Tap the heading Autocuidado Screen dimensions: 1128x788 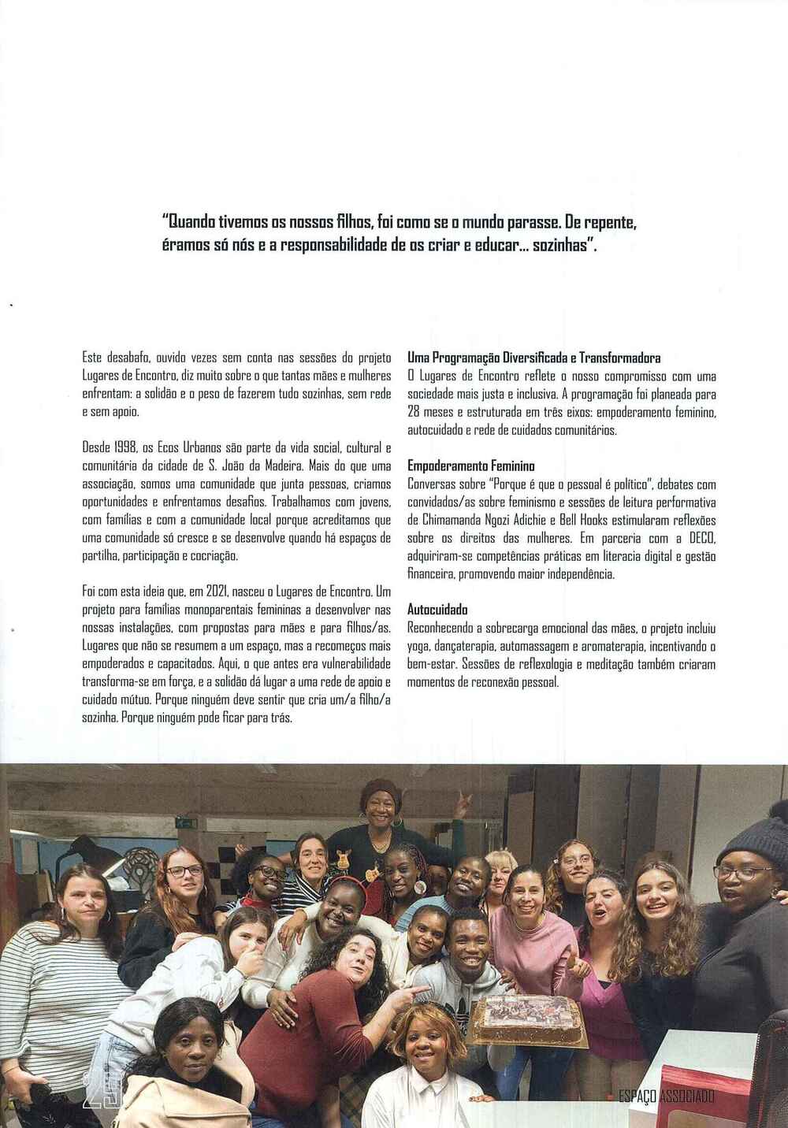tap(437, 610)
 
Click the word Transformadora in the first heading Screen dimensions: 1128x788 tap(619, 358)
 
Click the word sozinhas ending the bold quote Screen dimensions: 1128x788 tap(565, 245)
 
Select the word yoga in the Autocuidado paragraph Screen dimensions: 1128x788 tap(420, 646)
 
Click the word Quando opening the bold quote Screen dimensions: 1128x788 tap(189, 223)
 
